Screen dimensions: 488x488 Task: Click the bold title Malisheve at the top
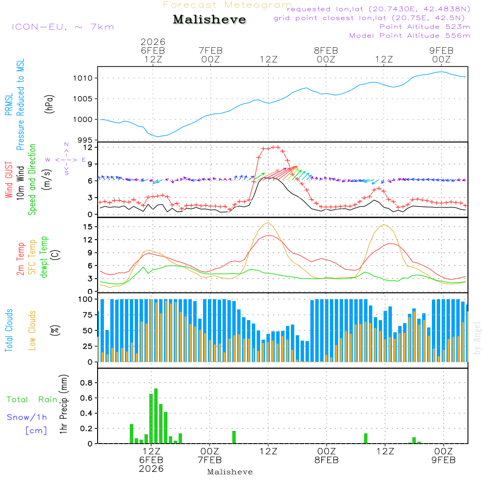210,20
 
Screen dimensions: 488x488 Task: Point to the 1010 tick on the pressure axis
84,78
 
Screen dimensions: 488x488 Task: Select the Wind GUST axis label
9,181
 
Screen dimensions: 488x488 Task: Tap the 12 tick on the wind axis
88,147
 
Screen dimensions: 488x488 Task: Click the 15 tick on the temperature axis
88,226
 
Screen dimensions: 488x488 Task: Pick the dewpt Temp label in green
44,257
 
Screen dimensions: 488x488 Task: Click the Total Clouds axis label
9,330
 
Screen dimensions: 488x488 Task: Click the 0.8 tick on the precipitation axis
86,383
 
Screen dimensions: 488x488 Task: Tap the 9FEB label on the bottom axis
443,460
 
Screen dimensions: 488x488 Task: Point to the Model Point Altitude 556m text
409,36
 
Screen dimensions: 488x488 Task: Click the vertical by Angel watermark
477,339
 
